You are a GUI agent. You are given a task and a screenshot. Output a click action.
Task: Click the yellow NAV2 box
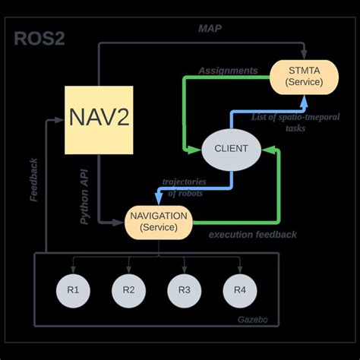(99, 119)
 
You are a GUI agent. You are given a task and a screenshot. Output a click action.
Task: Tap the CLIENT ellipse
(231, 149)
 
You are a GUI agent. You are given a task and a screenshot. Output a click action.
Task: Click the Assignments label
(228, 70)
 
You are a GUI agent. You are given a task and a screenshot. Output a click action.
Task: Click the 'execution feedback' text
(253, 235)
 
